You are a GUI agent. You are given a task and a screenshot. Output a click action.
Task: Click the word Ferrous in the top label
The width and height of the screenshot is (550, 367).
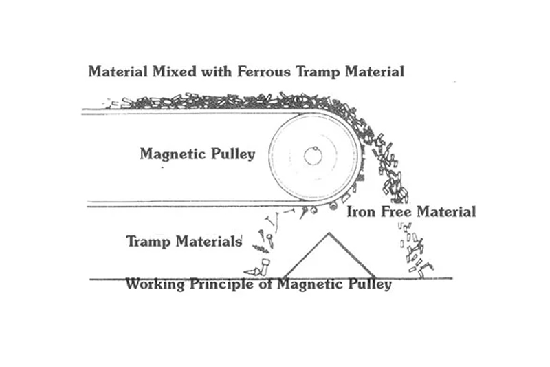264,72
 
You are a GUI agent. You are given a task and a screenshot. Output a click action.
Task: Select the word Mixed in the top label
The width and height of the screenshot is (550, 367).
175,72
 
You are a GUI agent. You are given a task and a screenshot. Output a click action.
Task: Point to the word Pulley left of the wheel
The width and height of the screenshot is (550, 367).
233,154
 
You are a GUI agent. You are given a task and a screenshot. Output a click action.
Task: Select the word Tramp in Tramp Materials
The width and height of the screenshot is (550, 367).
149,242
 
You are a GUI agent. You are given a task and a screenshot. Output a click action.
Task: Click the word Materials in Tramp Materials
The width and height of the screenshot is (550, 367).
209,241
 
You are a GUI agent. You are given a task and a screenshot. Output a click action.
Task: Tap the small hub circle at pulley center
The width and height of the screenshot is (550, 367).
313,156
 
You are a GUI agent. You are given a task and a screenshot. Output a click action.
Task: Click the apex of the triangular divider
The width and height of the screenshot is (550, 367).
329,233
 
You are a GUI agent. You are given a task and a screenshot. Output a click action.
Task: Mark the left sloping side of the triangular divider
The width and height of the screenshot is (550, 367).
305,255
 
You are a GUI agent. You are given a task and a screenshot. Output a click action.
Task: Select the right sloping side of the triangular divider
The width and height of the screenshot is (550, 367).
352,255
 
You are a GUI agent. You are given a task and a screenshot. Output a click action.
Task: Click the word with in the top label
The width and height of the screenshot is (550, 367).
217,72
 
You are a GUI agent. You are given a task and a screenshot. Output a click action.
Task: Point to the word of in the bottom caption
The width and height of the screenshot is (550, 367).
265,284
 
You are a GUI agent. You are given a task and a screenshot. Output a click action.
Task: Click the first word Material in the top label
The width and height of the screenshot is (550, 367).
118,72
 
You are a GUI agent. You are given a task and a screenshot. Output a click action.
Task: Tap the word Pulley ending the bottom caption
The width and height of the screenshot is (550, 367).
370,284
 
